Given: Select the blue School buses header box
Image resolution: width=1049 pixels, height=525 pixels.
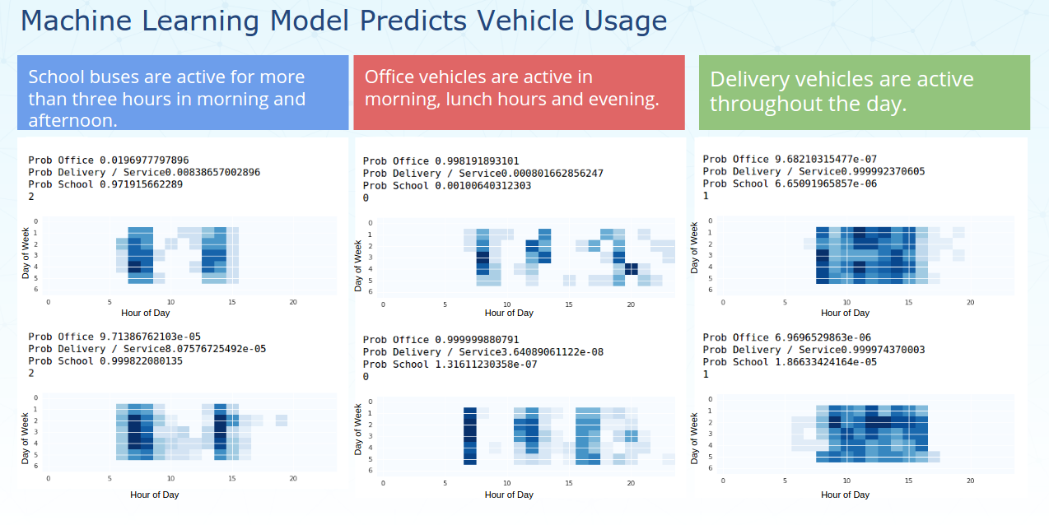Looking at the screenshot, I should coord(183,92).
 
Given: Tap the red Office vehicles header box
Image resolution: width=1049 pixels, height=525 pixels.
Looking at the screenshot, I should coord(519,92).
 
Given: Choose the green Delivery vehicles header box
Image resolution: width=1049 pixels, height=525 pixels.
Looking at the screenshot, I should coord(864,92).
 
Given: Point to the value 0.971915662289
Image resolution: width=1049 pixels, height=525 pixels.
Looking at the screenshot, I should coord(142,184).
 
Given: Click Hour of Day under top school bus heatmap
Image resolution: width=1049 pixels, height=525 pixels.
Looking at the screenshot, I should coord(154,313).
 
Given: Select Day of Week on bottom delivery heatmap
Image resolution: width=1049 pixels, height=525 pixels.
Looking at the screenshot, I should coord(694,433).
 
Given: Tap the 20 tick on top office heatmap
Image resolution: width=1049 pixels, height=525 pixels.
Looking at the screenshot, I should coord(631,304).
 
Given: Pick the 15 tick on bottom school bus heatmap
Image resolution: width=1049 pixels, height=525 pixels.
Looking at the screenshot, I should coord(232,478).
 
